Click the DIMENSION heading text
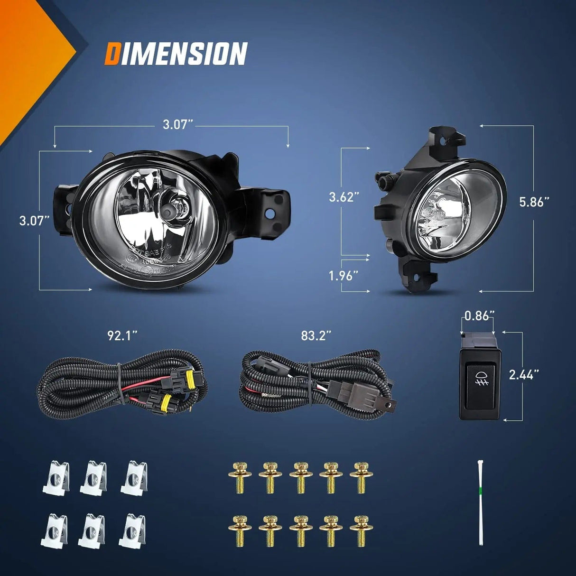pos(176,53)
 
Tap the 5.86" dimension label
pos(534,202)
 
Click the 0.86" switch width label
pos(479,316)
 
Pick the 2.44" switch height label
pos(524,375)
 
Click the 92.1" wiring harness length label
pos(122,336)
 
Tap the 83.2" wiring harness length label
pos(316,336)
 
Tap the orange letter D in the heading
pos(112,53)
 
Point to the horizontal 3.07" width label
pos(177,125)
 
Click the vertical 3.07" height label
pos(34,221)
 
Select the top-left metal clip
pos(56,478)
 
